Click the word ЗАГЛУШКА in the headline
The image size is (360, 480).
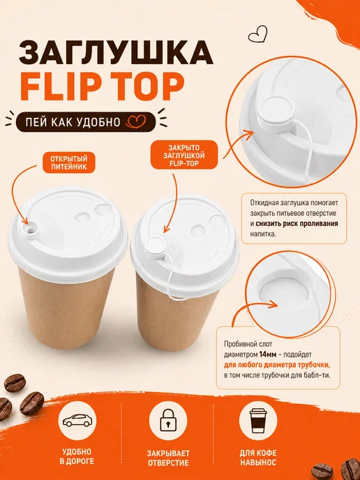point(116,52)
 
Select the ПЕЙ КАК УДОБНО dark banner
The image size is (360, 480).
point(86,122)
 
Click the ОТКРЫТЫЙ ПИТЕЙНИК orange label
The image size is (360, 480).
point(69,163)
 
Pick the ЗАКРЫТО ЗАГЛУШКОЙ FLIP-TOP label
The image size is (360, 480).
point(184,155)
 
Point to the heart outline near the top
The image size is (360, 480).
point(257,34)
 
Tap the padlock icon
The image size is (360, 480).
point(167,420)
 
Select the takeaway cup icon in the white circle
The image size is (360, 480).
point(258,420)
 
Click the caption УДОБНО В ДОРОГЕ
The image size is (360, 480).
point(78,456)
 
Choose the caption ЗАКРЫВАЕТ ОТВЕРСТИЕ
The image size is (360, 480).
point(168,458)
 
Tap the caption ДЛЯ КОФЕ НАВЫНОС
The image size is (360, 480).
point(258,458)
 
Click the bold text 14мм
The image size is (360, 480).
point(268,354)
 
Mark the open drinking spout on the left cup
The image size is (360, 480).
point(30,229)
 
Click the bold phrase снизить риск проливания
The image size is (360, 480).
point(297,223)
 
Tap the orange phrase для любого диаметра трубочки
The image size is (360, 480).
point(278,365)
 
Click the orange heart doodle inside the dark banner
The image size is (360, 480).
point(136,121)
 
